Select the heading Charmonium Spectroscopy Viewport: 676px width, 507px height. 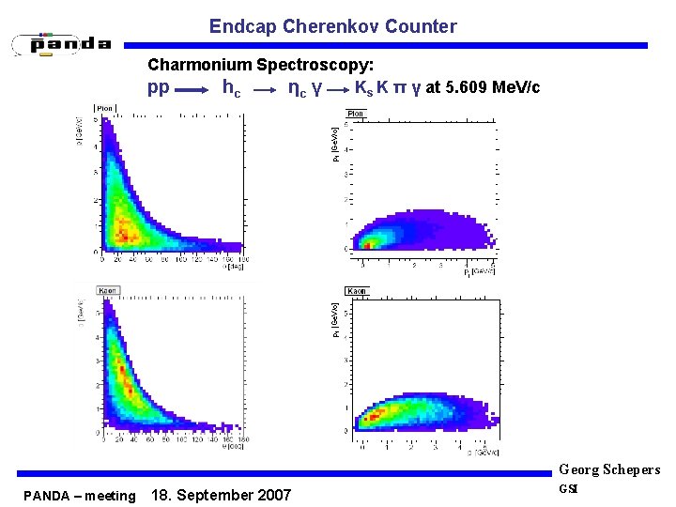point(261,66)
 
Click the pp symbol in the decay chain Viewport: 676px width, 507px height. point(159,88)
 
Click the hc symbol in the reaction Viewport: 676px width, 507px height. point(231,89)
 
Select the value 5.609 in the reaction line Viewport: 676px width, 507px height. point(467,88)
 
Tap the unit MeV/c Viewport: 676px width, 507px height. point(515,88)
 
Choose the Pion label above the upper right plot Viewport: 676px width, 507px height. point(356,114)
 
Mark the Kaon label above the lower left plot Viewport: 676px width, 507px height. point(109,289)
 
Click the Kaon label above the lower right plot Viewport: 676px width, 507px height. point(357,291)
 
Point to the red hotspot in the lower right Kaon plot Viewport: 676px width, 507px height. point(376,413)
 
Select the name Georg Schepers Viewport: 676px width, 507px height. point(609,469)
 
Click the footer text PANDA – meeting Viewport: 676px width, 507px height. point(80,495)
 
